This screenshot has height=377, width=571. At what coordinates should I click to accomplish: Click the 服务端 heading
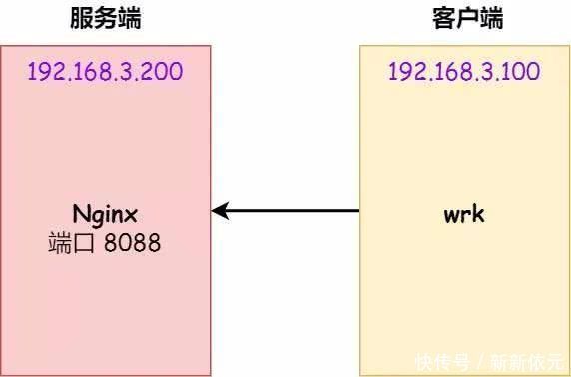pyautogui.click(x=105, y=18)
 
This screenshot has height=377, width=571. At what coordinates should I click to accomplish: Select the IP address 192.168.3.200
pyautogui.click(x=105, y=72)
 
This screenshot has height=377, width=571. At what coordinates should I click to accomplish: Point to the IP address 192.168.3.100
pyautogui.click(x=464, y=72)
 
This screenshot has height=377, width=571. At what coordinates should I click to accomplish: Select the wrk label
pyautogui.click(x=464, y=213)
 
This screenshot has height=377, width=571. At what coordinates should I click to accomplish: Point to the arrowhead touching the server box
pyautogui.click(x=221, y=211)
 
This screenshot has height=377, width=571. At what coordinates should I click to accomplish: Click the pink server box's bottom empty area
pyautogui.click(x=105, y=320)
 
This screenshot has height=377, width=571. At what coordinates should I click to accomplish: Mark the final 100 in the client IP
pyautogui.click(x=522, y=72)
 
